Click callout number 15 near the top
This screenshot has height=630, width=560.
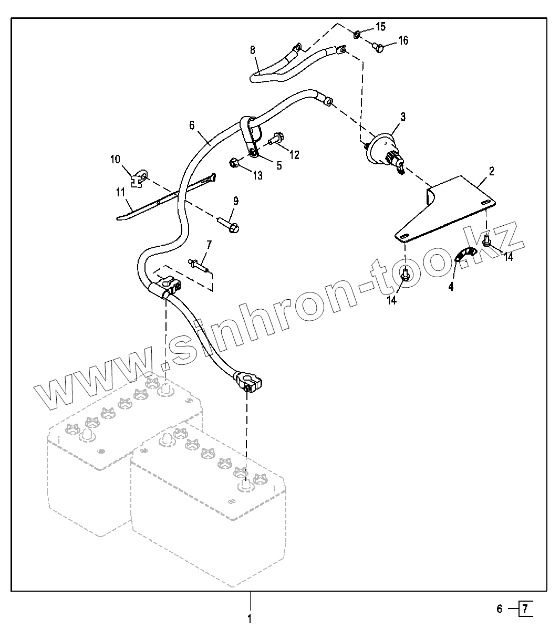[x=380, y=26]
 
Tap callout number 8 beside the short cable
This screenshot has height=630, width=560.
[x=253, y=50]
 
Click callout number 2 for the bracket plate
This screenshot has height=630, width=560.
[x=491, y=171]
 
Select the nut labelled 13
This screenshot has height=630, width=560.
[x=235, y=163]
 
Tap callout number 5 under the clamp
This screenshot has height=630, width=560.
[x=279, y=165]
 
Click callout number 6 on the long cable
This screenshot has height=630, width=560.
[x=192, y=125]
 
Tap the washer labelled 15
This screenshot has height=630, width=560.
[x=356, y=35]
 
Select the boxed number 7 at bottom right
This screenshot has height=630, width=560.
[x=526, y=609]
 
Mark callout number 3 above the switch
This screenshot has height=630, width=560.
[x=403, y=117]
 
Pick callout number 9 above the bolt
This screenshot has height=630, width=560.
[x=236, y=201]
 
